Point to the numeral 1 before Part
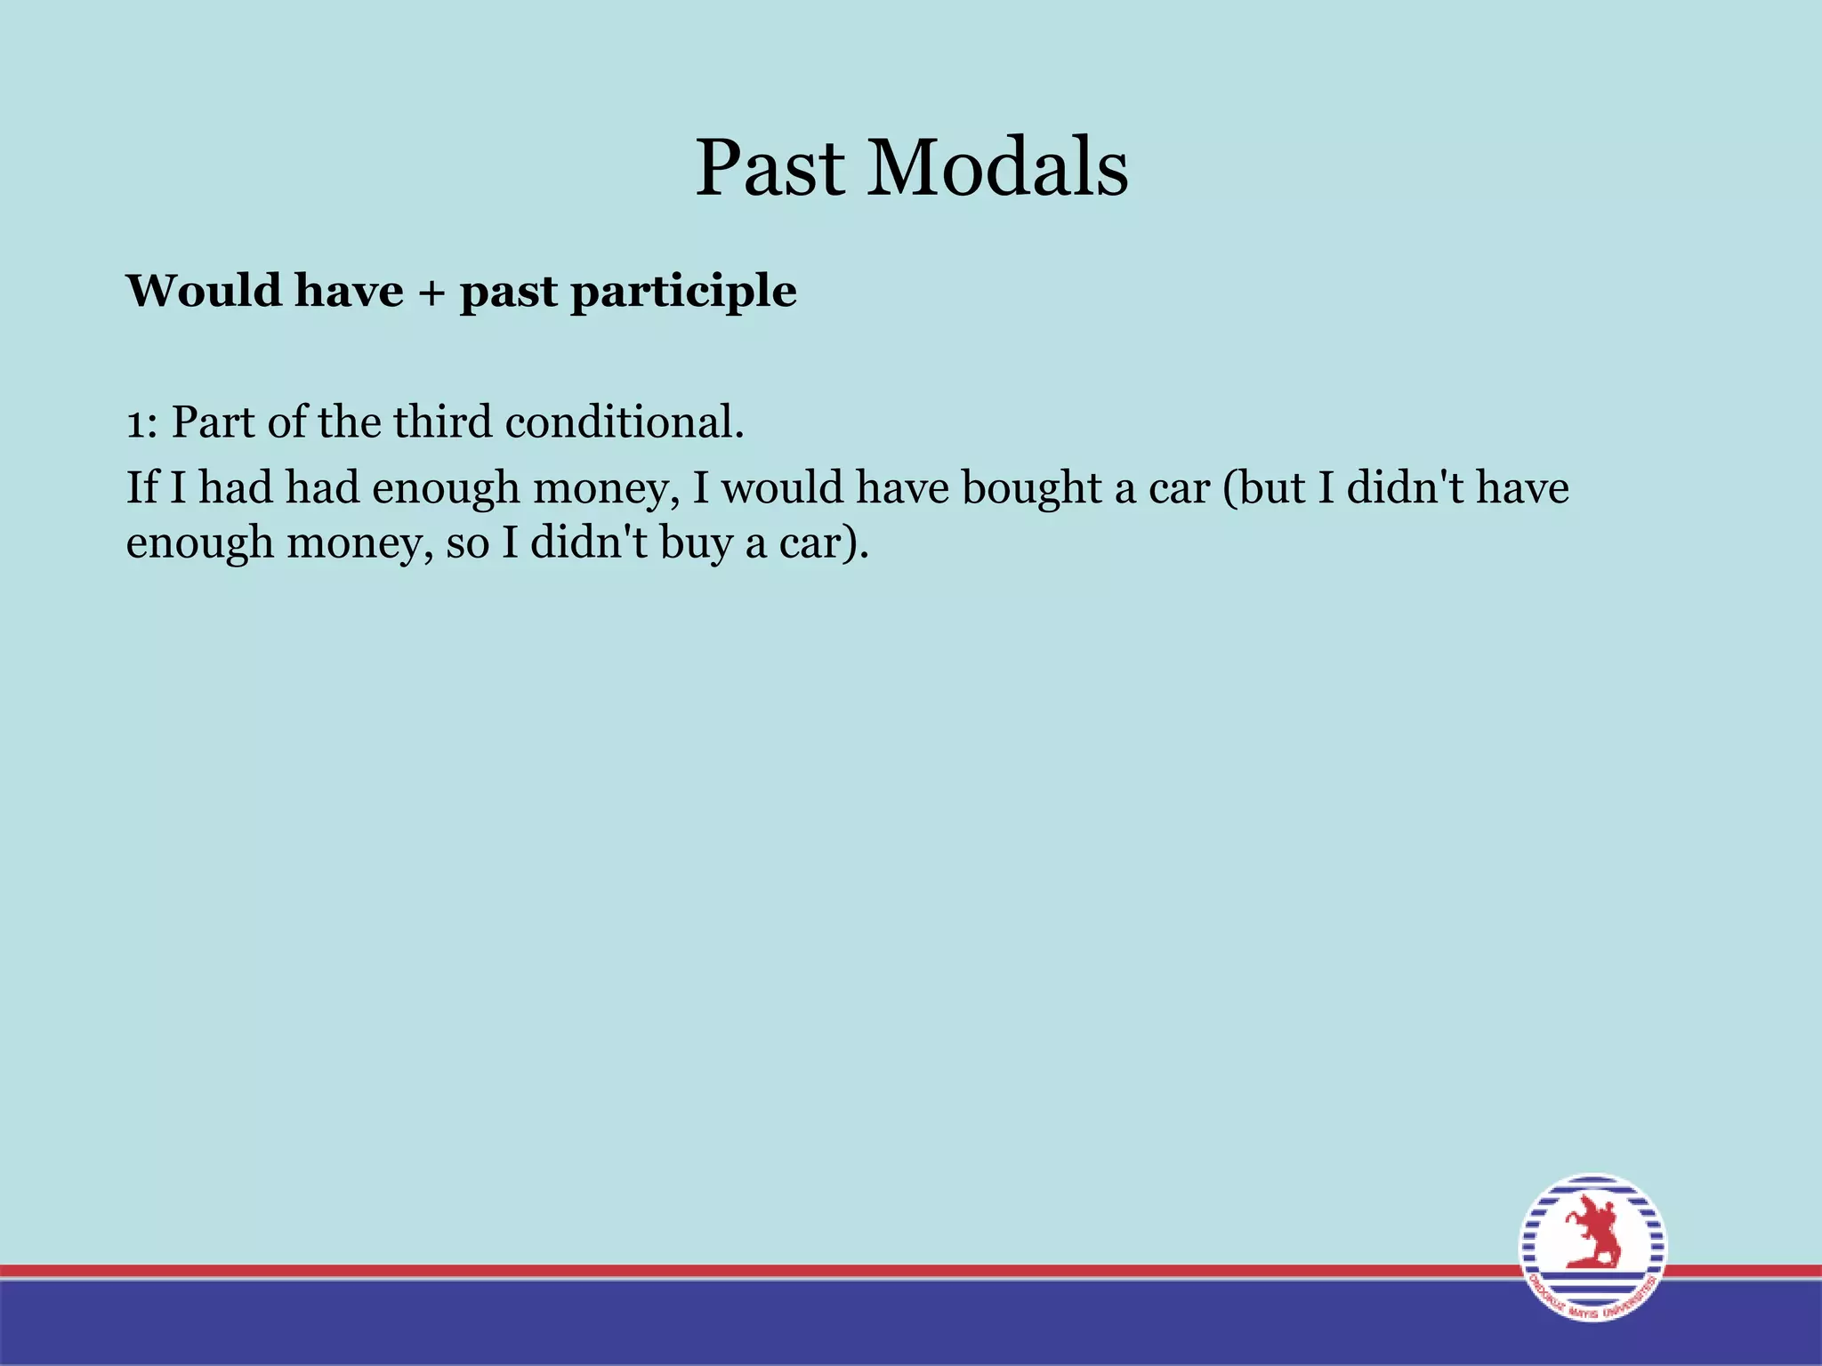(x=134, y=423)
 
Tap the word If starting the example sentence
(x=141, y=487)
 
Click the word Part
(x=213, y=422)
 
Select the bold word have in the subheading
(x=349, y=291)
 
